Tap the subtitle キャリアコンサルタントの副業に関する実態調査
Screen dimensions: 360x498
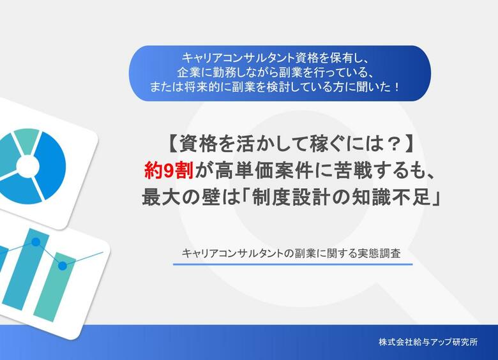(x=292, y=252)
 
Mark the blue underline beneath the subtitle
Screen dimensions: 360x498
(x=292, y=264)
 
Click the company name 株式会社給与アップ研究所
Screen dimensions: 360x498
(x=428, y=341)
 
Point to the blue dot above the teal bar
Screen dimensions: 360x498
(x=62, y=266)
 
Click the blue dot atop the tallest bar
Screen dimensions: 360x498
(x=36, y=243)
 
